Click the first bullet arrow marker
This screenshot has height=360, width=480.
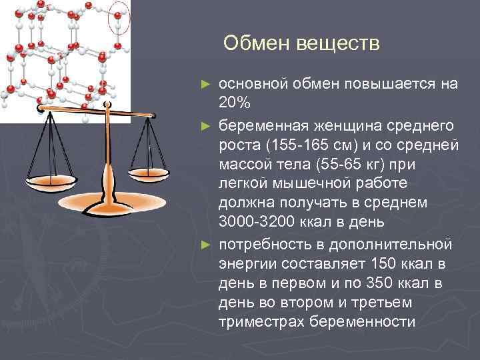(x=206, y=85)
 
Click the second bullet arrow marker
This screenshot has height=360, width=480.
(x=206, y=125)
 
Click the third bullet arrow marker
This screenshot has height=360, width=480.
(x=206, y=245)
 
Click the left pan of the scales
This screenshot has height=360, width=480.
(x=53, y=178)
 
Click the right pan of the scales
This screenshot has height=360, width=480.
(x=148, y=172)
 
